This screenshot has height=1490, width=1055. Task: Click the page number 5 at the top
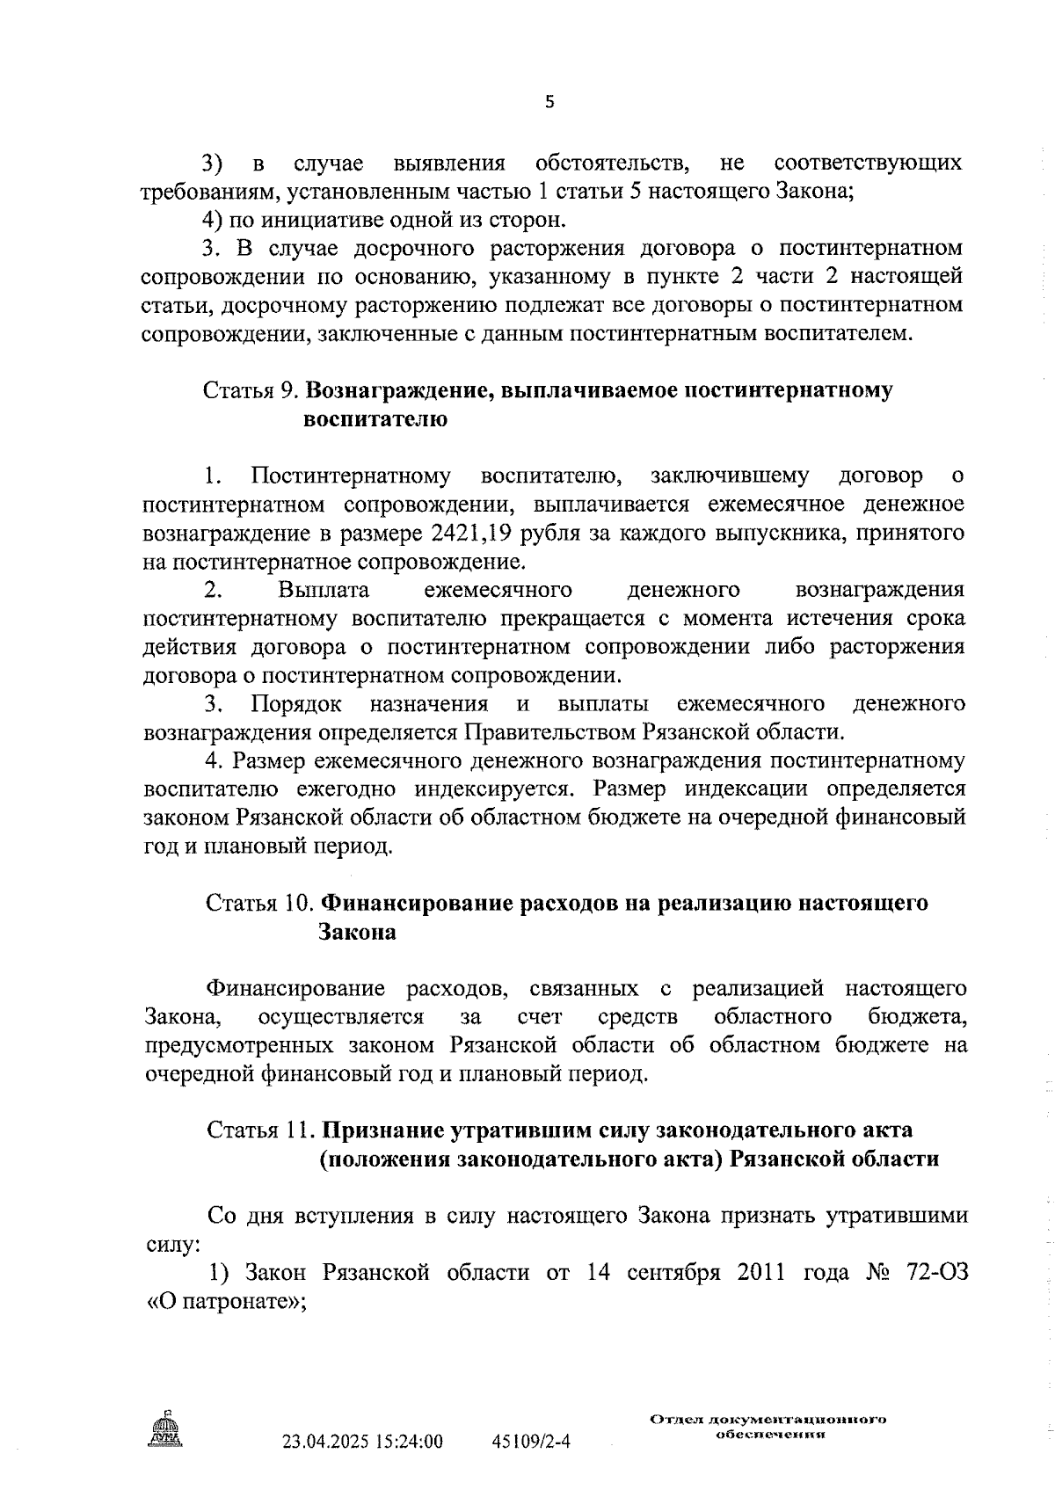[x=549, y=102]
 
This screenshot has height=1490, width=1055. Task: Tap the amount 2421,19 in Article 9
[x=475, y=534]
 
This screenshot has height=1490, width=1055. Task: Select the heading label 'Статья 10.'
[x=260, y=904]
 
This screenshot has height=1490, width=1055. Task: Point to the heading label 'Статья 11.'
[x=260, y=1130]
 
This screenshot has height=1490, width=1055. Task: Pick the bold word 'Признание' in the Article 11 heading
[x=375, y=1130]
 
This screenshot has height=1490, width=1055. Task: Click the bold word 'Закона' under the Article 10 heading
[x=357, y=933]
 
